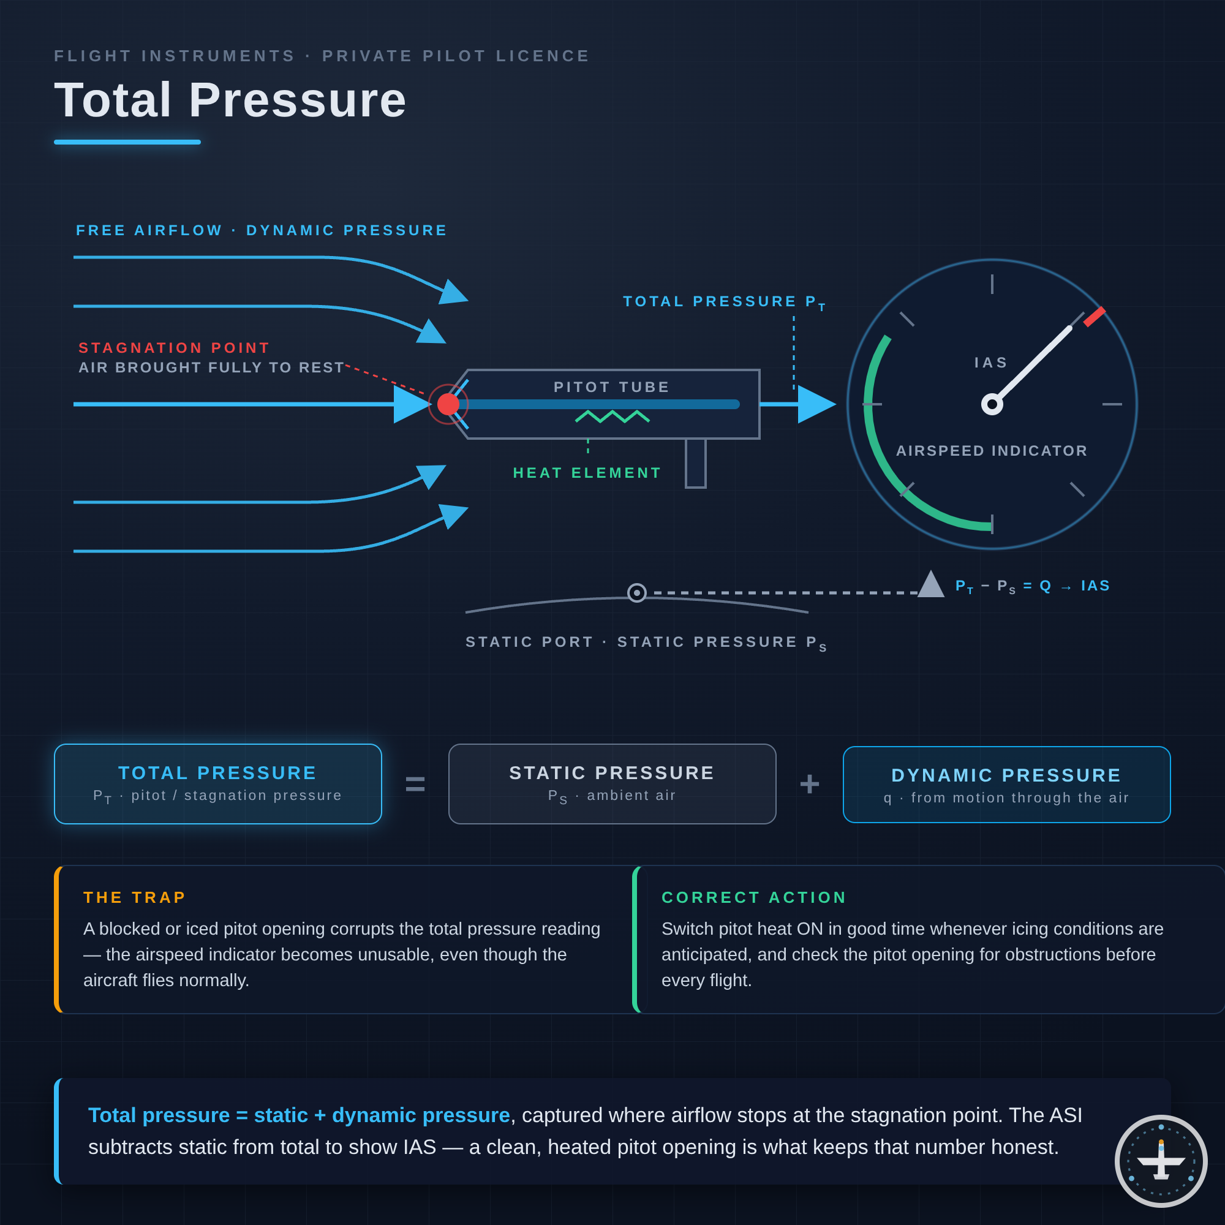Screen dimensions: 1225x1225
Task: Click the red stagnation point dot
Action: pos(448,404)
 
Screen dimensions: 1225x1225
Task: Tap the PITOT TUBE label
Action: pos(612,386)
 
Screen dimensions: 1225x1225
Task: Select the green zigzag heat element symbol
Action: pos(612,416)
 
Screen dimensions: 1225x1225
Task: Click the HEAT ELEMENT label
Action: pos(587,473)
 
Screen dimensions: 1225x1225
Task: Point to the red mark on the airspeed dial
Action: pos(1095,317)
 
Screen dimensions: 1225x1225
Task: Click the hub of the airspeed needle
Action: pos(992,404)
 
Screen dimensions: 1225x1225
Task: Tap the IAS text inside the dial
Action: pos(991,363)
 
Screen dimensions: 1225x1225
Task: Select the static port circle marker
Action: pos(636,593)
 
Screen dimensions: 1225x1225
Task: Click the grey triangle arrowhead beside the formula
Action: pos(931,583)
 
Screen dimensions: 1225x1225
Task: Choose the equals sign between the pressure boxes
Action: pos(415,785)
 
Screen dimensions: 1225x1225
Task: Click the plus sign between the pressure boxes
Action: pos(810,785)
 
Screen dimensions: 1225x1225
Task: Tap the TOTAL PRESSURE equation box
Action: pos(218,785)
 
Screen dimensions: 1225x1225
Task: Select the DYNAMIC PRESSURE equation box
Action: pos(1007,785)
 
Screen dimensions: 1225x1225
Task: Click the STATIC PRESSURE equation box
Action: pos(612,785)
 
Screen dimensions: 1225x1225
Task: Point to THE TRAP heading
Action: pos(134,897)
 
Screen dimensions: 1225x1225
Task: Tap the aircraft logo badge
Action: pos(1161,1161)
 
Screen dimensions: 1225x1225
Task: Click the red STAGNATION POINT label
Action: pos(175,347)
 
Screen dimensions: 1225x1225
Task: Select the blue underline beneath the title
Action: pos(127,142)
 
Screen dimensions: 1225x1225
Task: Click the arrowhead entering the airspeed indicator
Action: pos(816,404)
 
